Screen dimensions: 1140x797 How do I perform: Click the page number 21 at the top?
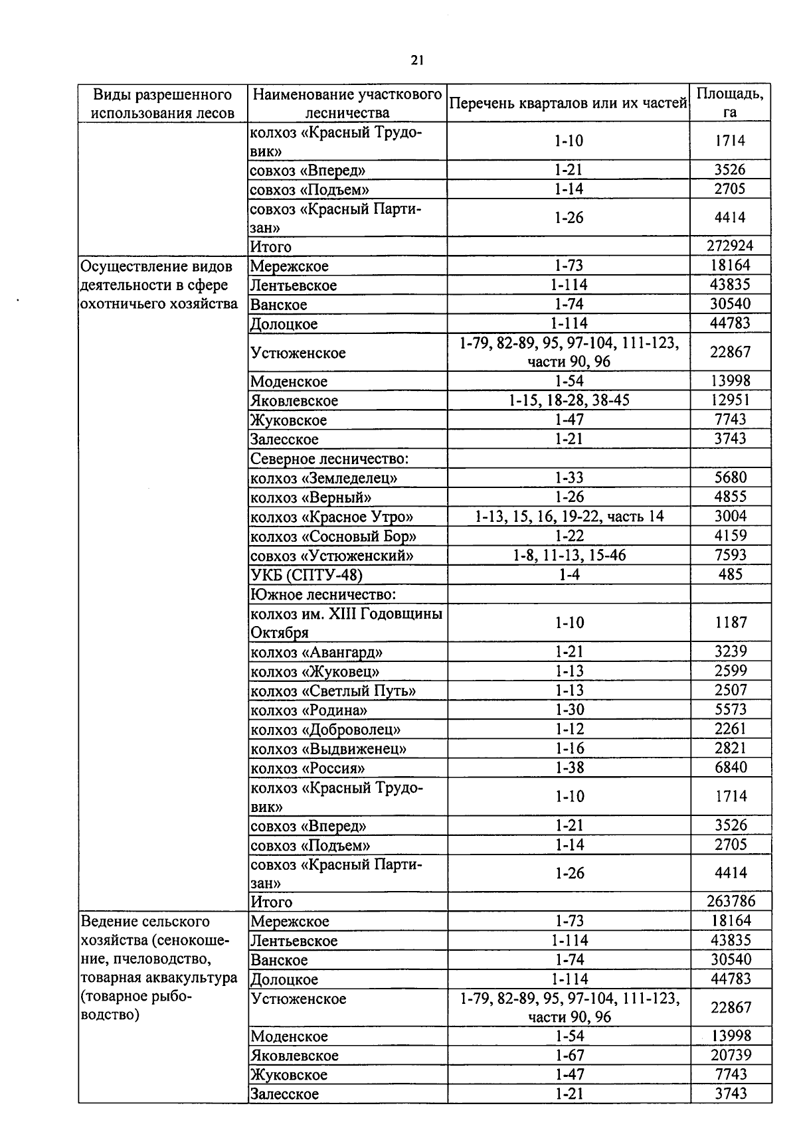(x=417, y=61)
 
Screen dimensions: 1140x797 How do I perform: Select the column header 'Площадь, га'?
(x=729, y=103)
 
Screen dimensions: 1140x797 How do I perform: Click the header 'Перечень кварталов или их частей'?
(x=568, y=104)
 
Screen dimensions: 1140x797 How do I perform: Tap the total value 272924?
(x=730, y=246)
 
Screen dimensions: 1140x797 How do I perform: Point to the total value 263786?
(x=730, y=902)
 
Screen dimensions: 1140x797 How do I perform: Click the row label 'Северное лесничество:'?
(x=329, y=459)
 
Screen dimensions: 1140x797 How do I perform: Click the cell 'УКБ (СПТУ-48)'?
(x=306, y=575)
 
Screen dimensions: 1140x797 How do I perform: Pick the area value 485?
(x=730, y=574)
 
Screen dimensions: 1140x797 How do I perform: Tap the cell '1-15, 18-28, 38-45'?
(x=569, y=400)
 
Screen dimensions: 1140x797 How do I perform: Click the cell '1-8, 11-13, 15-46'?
(x=569, y=555)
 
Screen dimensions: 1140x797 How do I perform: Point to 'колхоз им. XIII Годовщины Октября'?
(x=345, y=623)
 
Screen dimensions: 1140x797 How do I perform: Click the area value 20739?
(x=730, y=1055)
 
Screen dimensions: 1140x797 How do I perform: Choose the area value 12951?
(x=730, y=400)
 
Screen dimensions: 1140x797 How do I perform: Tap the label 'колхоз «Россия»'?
(x=308, y=768)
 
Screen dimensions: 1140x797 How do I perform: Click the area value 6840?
(x=730, y=768)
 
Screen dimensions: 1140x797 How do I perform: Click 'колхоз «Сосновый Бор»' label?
(x=333, y=536)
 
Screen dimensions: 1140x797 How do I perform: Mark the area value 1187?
(x=730, y=623)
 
